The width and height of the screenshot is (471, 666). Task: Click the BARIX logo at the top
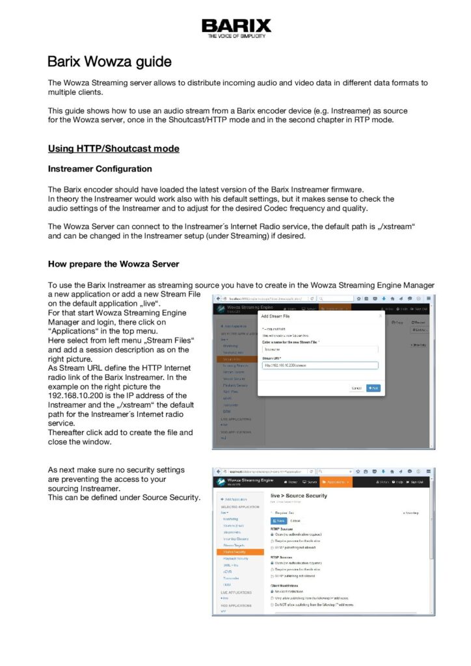tap(235, 27)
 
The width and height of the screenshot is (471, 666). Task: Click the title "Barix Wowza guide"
tap(109, 62)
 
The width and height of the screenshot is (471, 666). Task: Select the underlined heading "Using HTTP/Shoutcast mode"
tap(113, 148)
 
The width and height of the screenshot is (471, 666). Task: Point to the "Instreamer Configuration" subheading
tap(100, 169)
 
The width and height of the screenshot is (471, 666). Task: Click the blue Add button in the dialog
tap(373, 388)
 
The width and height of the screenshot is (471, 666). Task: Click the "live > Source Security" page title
tap(299, 496)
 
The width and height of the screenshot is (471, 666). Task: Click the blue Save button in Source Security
tap(279, 520)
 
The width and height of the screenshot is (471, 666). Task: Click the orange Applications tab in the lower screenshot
tap(335, 482)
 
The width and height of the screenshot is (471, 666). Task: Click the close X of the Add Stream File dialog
tap(380, 316)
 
